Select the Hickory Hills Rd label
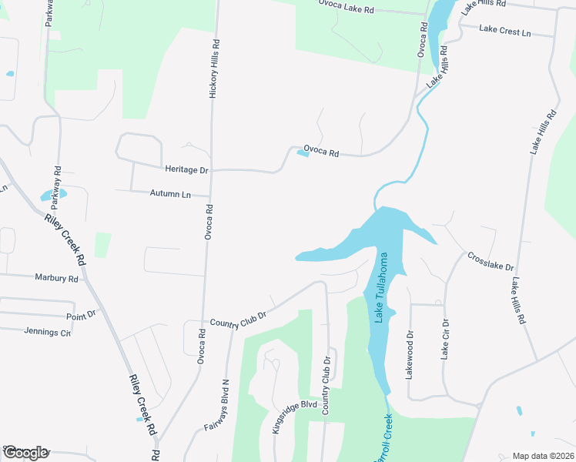215,69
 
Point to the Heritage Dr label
187,169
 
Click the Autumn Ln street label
170,194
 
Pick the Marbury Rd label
56,277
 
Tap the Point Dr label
81,315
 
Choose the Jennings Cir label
47,332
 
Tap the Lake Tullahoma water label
380,288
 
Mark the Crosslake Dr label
491,260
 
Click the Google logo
25,453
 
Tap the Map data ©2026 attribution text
543,456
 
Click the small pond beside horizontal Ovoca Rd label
303,153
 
